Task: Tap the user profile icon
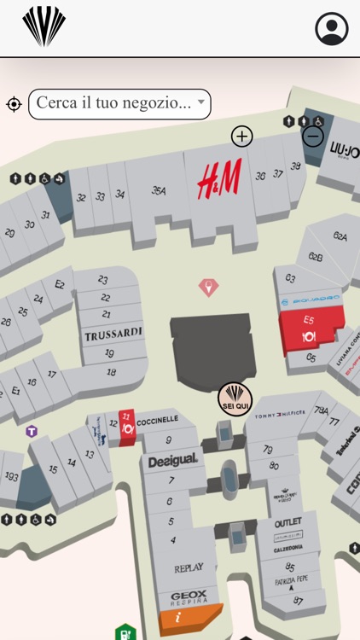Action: tap(332, 29)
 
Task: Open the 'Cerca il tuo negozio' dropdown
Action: tap(119, 104)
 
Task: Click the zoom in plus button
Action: tap(242, 137)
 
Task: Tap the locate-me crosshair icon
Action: tap(14, 104)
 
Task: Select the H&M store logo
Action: tap(219, 179)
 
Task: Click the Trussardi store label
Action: tap(113, 335)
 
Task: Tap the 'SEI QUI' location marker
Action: tap(235, 399)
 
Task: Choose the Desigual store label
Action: tap(172, 461)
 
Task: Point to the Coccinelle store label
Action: tap(158, 419)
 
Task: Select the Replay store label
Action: tap(189, 567)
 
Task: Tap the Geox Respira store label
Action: tap(189, 598)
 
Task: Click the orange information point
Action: tap(178, 617)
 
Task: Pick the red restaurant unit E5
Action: tap(309, 330)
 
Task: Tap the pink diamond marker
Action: tap(208, 287)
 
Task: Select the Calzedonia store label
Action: tap(288, 549)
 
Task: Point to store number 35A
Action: tap(159, 191)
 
